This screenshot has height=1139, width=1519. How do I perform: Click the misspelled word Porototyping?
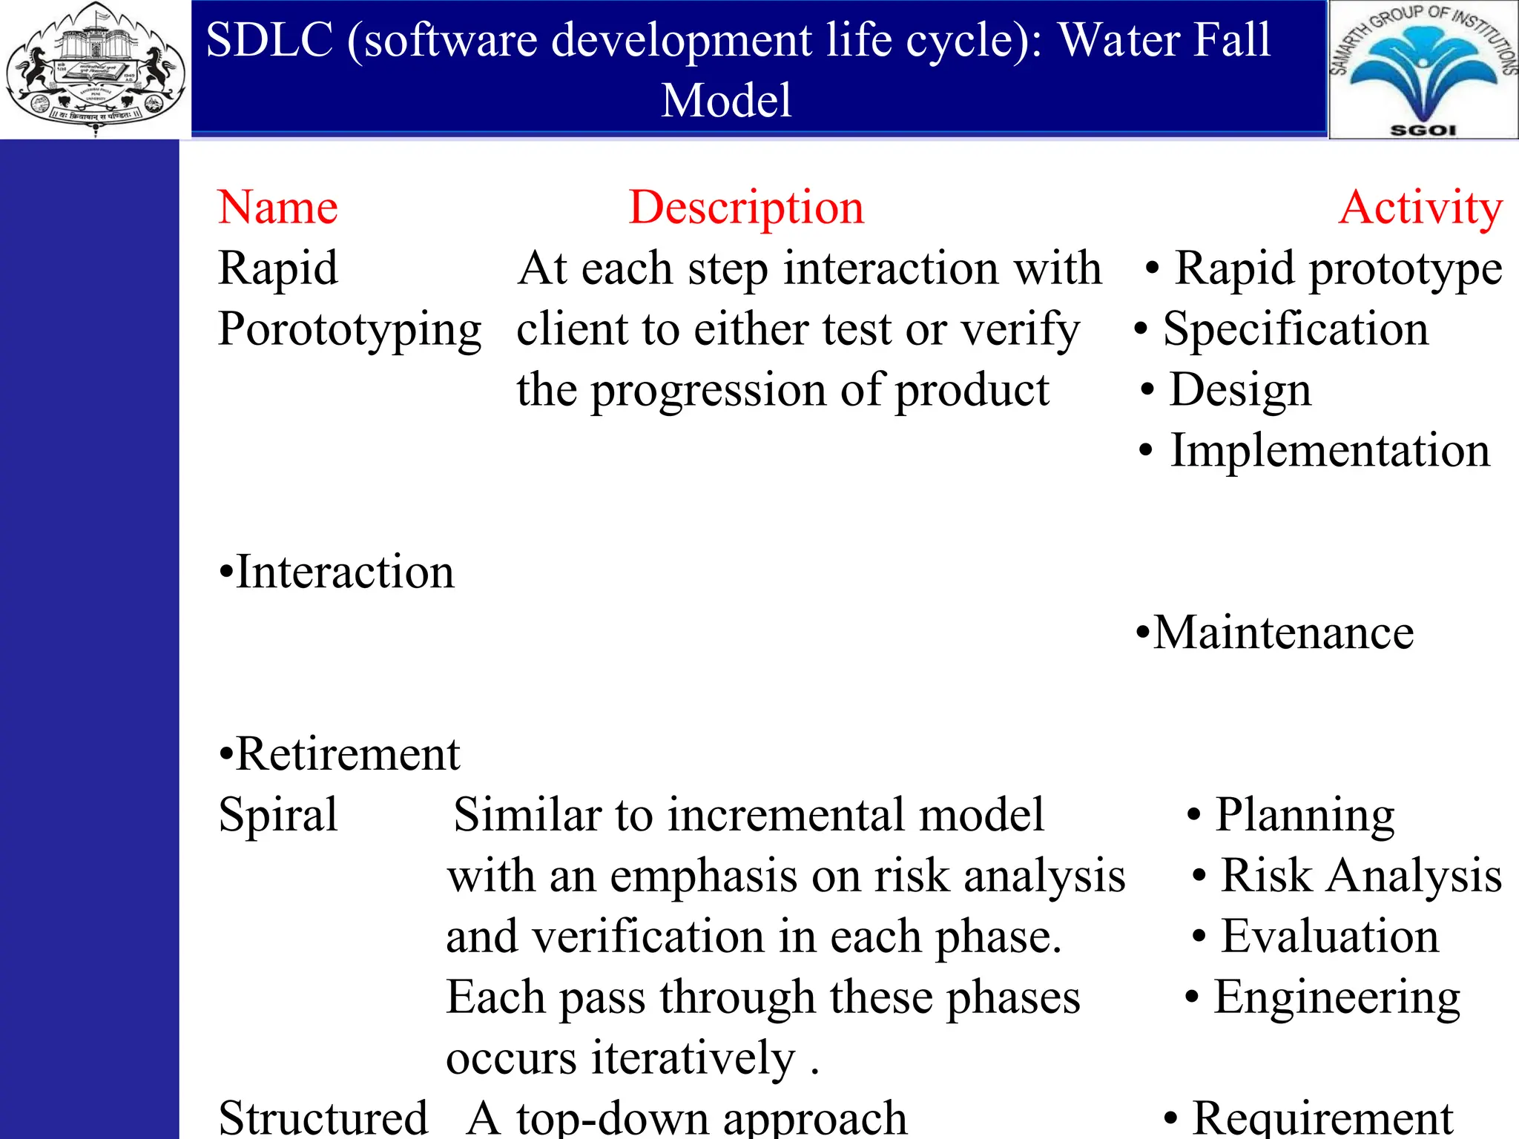coord(349,329)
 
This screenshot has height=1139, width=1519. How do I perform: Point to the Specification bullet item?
coord(1295,329)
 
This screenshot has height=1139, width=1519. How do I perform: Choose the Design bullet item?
coord(1239,389)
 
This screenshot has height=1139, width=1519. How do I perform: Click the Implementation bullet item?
coord(1329,450)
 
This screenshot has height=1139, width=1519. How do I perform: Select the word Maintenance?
coord(1283,633)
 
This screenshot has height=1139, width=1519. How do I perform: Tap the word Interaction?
coord(344,572)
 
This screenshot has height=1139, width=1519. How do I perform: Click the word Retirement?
coord(347,754)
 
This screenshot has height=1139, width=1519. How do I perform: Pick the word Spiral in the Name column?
coord(278,815)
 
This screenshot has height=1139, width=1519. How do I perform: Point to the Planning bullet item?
coord(1305,815)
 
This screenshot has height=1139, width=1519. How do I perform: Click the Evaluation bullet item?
coord(1329,937)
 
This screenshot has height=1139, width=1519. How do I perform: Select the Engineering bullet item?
coord(1337,997)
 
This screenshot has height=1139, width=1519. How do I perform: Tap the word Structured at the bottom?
coord(323,1117)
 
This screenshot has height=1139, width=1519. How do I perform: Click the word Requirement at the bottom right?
coord(1322,1117)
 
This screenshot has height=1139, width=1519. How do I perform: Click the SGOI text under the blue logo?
coord(1423,130)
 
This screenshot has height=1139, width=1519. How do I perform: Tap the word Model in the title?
coord(726,100)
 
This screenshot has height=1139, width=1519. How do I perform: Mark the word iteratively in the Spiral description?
coord(693,1058)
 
